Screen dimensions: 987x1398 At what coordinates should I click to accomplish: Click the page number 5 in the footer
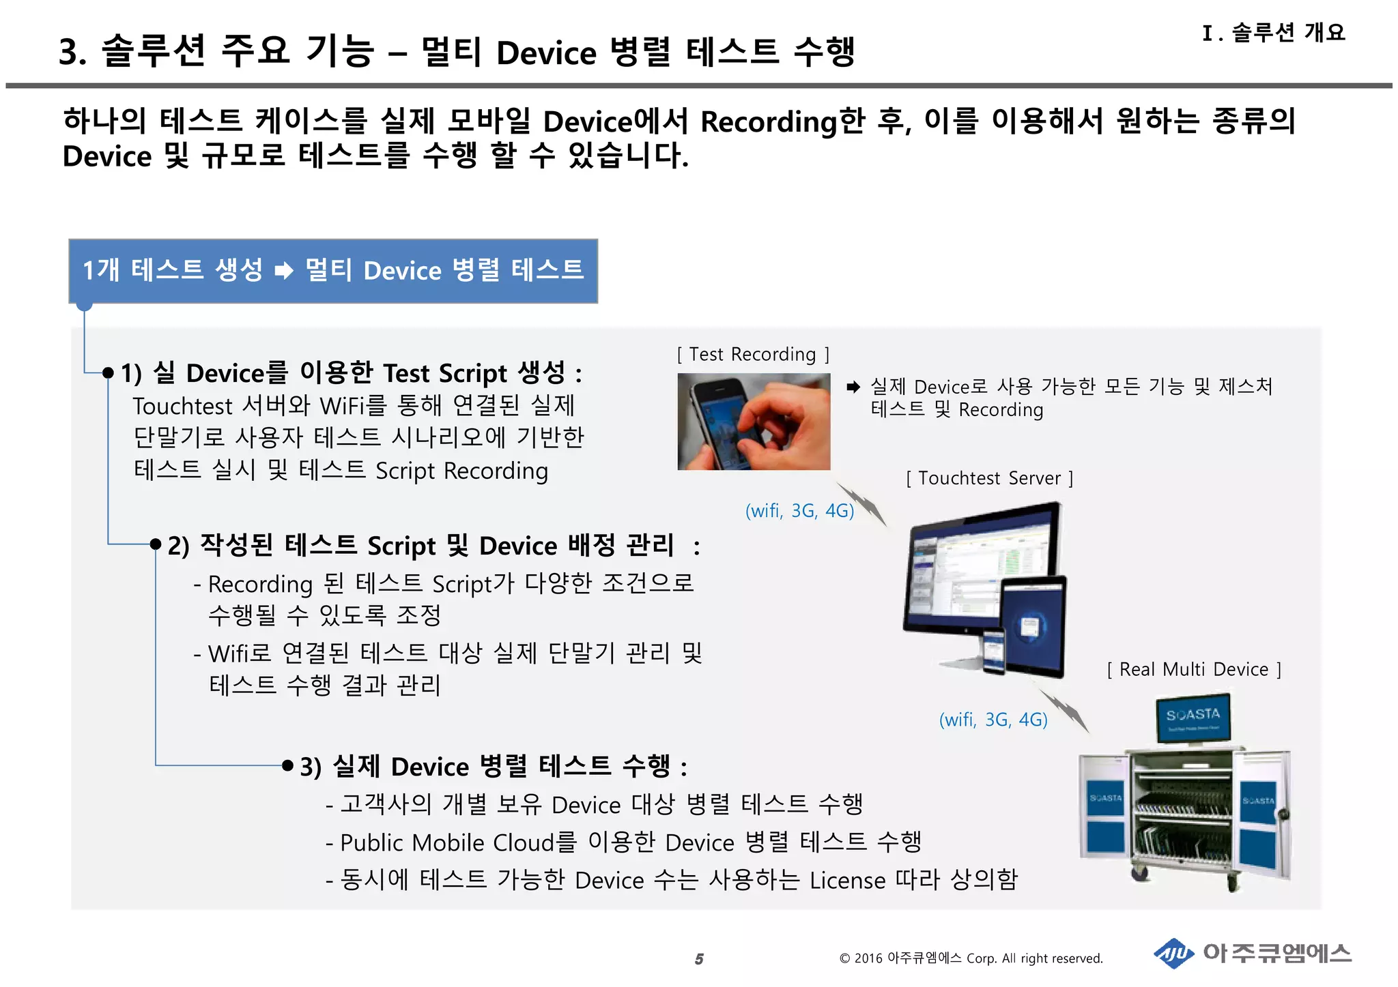pyautogui.click(x=699, y=959)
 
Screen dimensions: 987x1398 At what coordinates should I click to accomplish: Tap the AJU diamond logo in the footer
pyautogui.click(x=1173, y=954)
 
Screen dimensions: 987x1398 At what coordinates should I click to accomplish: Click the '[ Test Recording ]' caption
pyautogui.click(x=753, y=355)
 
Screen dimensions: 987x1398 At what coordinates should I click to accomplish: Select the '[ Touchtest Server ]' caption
pyautogui.click(x=989, y=478)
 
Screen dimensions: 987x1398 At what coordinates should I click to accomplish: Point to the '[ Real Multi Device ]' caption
pyautogui.click(x=1194, y=669)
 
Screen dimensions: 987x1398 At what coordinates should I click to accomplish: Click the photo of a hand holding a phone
pyautogui.click(x=754, y=422)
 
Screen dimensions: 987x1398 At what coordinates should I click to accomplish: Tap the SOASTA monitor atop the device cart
pyautogui.click(x=1193, y=717)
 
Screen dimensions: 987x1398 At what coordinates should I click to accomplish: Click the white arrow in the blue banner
pyautogui.click(x=284, y=271)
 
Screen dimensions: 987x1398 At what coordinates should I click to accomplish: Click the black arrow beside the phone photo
pyautogui.click(x=853, y=387)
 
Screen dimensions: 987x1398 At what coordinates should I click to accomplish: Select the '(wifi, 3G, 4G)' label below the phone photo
pyautogui.click(x=799, y=511)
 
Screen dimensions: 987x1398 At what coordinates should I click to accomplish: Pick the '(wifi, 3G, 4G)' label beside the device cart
pyautogui.click(x=993, y=720)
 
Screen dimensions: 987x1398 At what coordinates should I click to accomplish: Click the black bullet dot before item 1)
pyautogui.click(x=108, y=372)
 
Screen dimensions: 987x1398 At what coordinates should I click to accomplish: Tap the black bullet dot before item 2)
pyautogui.click(x=156, y=544)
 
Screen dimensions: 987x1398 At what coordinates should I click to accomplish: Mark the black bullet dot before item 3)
pyautogui.click(x=288, y=765)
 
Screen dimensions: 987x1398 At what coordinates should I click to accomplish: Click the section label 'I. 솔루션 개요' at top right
pyautogui.click(x=1274, y=32)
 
